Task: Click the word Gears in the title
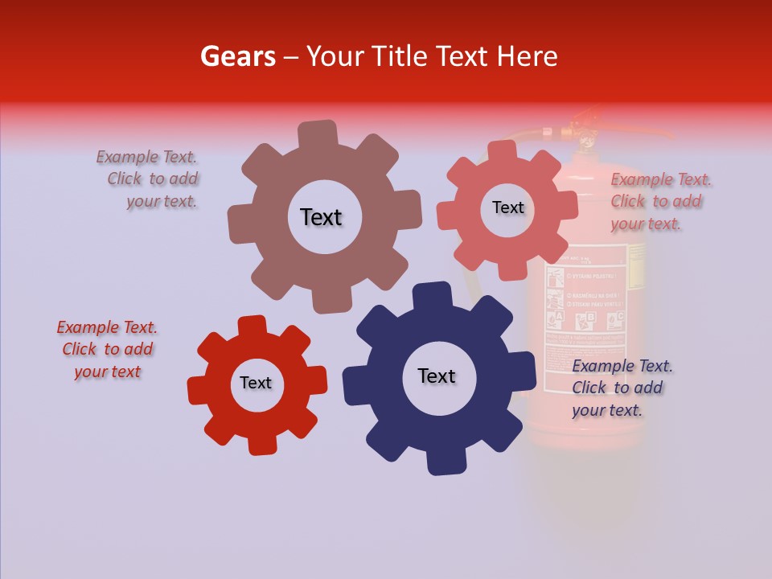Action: tap(237, 56)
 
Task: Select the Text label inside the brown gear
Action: tap(321, 217)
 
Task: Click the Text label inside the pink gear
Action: tap(507, 207)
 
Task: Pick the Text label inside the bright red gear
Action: tap(256, 383)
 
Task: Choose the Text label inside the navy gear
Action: tap(437, 376)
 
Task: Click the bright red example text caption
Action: tap(108, 349)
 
